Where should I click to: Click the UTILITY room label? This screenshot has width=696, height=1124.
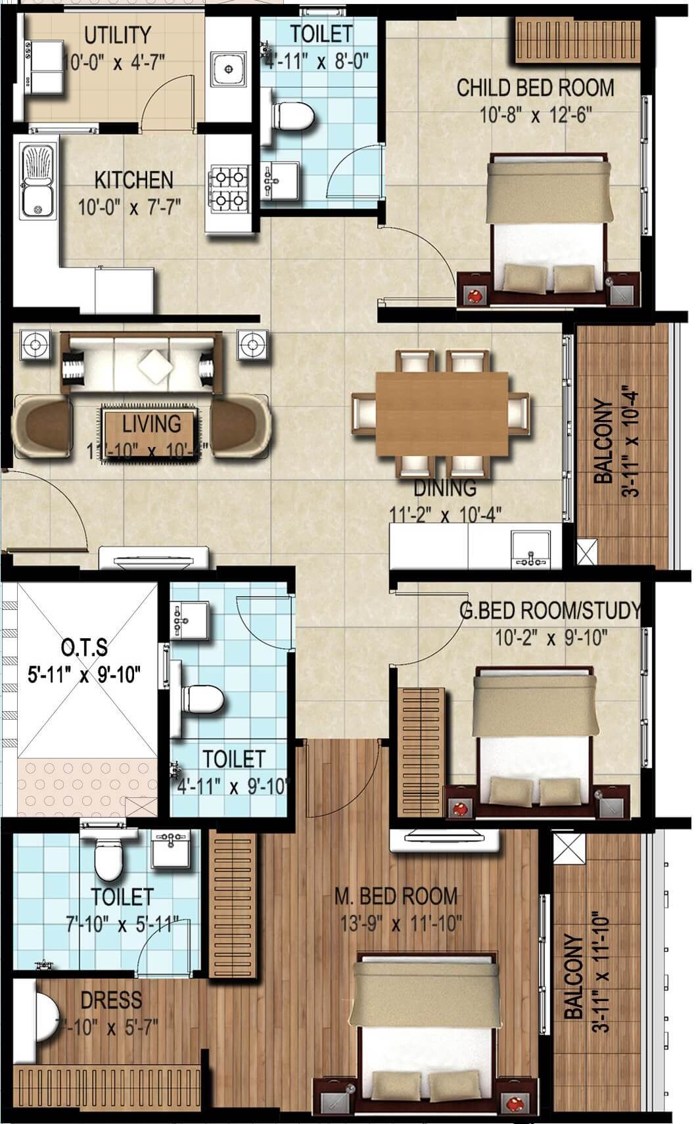(x=118, y=34)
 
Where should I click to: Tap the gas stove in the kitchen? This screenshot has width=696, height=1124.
(x=228, y=187)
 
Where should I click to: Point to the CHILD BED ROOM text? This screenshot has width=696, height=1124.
(x=535, y=87)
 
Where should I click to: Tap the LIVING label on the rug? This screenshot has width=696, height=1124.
(x=151, y=424)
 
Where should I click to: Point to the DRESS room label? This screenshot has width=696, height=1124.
(x=111, y=1000)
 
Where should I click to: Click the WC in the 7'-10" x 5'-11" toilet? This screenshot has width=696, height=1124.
(x=108, y=860)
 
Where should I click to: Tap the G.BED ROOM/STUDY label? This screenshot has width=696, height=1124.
(x=549, y=611)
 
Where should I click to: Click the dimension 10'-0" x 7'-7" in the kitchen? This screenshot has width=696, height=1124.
(x=129, y=208)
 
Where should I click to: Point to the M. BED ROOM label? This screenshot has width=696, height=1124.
(x=396, y=896)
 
